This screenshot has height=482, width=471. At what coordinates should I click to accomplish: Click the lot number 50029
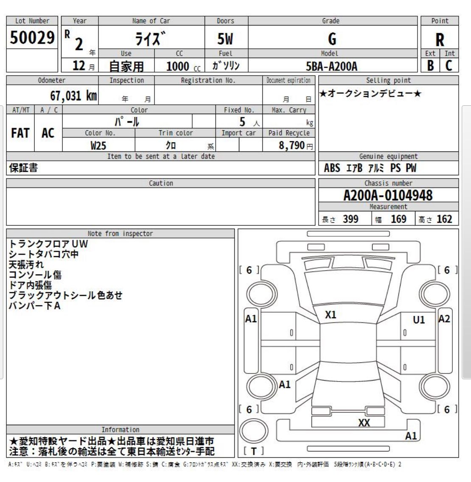(32, 39)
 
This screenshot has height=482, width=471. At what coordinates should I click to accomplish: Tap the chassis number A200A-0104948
(388, 196)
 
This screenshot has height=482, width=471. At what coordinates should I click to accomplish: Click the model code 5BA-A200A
(332, 67)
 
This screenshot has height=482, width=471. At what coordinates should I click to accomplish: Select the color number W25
(98, 146)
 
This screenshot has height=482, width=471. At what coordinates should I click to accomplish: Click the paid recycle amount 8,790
(292, 146)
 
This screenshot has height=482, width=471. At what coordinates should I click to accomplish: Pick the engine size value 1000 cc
(178, 66)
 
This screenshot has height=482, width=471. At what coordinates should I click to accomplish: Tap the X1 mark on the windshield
(331, 315)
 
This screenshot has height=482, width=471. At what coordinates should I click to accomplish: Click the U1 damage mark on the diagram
(419, 320)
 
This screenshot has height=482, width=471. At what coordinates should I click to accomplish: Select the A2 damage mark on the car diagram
(444, 319)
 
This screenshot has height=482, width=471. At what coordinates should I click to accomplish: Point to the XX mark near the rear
(364, 423)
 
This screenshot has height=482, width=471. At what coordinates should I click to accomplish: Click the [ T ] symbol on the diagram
(254, 451)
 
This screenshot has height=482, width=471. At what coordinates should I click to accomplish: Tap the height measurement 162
(444, 219)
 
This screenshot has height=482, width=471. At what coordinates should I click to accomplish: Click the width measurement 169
(398, 219)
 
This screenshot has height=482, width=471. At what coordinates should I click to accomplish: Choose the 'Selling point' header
(388, 80)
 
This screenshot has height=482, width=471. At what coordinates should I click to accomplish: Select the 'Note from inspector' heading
(120, 233)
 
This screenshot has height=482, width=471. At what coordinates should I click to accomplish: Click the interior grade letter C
(449, 66)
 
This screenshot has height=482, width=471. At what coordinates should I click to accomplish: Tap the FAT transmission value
(20, 133)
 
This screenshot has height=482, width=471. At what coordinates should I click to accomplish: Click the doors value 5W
(225, 39)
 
